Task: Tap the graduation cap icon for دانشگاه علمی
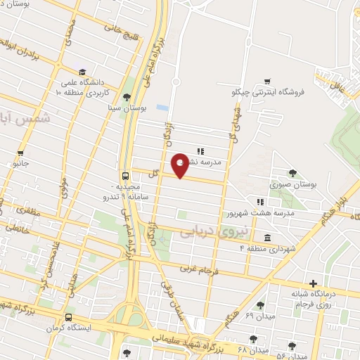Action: pos(82,72)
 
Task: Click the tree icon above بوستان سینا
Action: pos(127,97)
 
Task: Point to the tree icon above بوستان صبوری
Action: pos(292,174)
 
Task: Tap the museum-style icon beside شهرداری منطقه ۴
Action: pos(267,238)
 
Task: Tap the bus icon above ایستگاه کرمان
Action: pos(68,317)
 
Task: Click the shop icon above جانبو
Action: pos(21,153)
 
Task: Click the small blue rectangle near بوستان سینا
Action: pos(162,108)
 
